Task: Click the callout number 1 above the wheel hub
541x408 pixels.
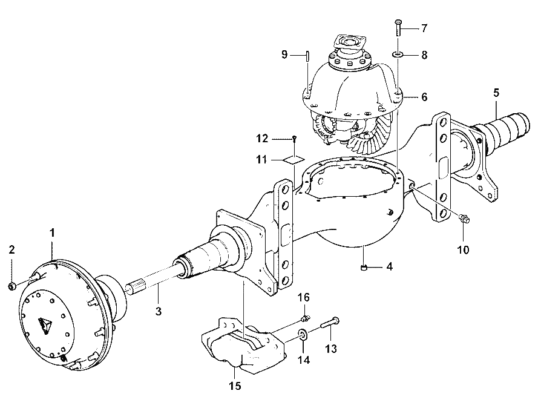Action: (x=52, y=233)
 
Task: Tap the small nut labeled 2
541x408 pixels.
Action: (x=11, y=286)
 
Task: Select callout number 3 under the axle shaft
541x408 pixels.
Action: (x=159, y=311)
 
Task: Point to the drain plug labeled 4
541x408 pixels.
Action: (x=364, y=267)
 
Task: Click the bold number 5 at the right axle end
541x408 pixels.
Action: (x=496, y=93)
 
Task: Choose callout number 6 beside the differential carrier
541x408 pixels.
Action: (x=424, y=97)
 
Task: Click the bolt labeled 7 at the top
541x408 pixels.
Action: (x=398, y=28)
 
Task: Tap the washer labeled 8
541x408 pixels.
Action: (x=398, y=54)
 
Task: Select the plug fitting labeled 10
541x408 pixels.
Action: (x=464, y=218)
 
